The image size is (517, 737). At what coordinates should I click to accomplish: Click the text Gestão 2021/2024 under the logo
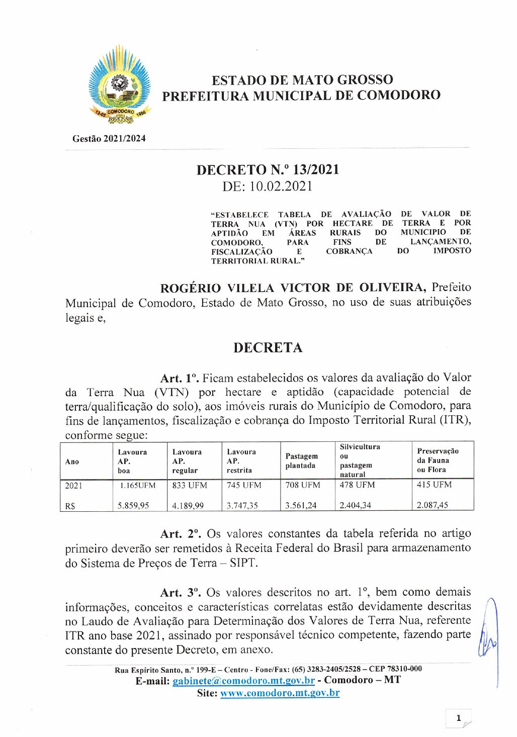coord(109,139)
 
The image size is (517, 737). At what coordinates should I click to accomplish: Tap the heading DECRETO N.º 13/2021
coord(268,170)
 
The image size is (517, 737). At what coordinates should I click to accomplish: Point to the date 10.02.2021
coord(281,187)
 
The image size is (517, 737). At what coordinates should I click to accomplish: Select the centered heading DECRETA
coord(268,348)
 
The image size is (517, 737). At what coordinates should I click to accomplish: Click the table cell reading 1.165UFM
coord(138,486)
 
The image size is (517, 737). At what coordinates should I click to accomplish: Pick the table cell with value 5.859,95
coord(133,505)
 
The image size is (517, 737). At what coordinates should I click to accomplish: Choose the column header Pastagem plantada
coord(302,461)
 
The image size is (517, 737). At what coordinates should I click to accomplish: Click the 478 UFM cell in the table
coord(357,485)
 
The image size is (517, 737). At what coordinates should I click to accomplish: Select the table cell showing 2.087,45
coord(432,505)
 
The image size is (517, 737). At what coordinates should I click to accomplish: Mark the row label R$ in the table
coord(70,506)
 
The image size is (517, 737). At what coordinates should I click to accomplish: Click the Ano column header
coord(72,462)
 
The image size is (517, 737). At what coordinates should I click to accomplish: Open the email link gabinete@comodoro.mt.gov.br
coord(243,681)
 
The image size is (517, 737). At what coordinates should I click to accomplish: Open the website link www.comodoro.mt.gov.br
coord(280,693)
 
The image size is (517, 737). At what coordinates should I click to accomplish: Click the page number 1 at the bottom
coord(458,718)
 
